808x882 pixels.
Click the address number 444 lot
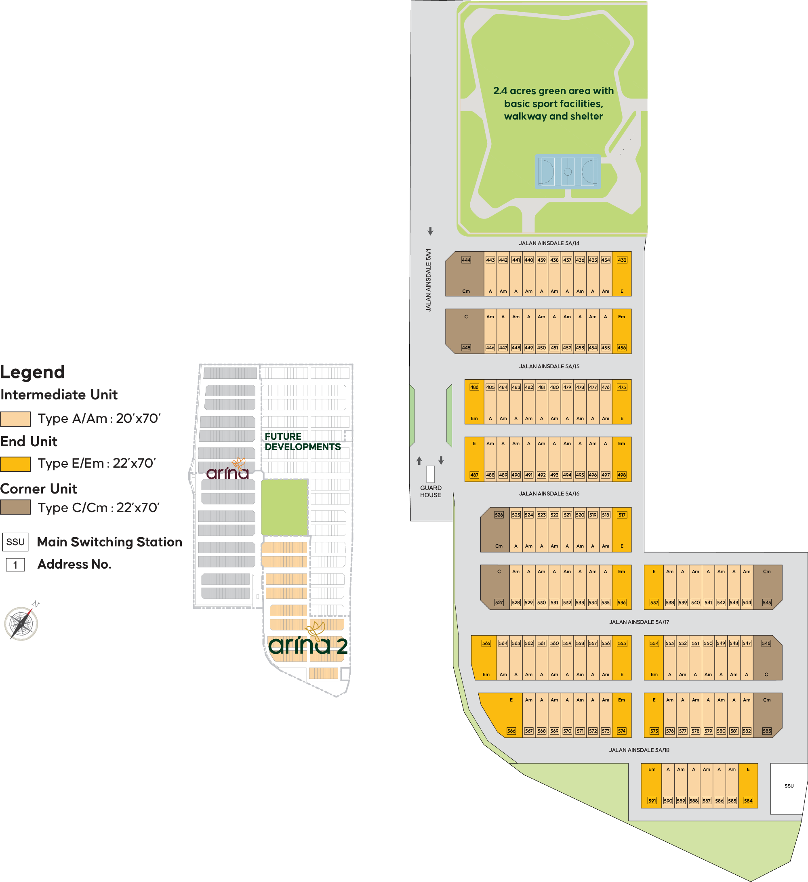(x=466, y=260)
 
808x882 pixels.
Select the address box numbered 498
(x=621, y=475)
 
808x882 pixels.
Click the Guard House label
(x=431, y=491)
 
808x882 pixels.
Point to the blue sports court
(x=567, y=172)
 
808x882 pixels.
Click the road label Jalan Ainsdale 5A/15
(x=549, y=366)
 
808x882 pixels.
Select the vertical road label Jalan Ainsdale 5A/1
(x=429, y=280)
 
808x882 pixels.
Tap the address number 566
(x=511, y=731)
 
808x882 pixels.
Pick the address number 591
(x=652, y=800)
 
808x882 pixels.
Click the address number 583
(x=766, y=731)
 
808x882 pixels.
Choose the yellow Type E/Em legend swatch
(x=15, y=464)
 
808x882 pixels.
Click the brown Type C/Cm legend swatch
(x=15, y=508)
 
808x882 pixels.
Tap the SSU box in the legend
(x=15, y=542)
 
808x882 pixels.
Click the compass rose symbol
(x=21, y=623)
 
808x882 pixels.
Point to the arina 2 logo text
(x=308, y=646)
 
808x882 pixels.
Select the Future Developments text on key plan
(x=302, y=441)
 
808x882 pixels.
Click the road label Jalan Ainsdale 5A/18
(x=639, y=750)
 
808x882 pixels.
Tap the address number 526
(x=499, y=515)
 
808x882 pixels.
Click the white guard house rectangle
(x=430, y=474)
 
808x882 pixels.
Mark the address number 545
(x=766, y=603)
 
